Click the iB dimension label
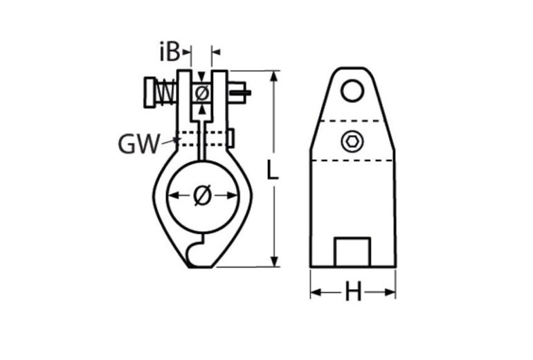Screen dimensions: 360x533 pyautogui.click(x=170, y=51)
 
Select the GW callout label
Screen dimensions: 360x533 pyautogui.click(x=137, y=144)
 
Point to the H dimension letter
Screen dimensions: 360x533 pyautogui.click(x=353, y=293)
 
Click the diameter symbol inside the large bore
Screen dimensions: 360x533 pyautogui.click(x=202, y=197)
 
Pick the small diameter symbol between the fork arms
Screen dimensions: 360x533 pyautogui.click(x=201, y=93)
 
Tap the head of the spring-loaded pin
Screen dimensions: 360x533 pyautogui.click(x=151, y=93)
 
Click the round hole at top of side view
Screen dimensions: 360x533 pyautogui.click(x=352, y=90)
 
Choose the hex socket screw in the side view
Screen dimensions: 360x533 pyautogui.click(x=352, y=142)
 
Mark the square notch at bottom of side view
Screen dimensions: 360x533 pyautogui.click(x=352, y=252)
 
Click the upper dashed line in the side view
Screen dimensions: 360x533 pyautogui.click(x=352, y=121)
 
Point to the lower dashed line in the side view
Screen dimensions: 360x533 pyautogui.click(x=352, y=161)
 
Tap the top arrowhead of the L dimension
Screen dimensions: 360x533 pyautogui.click(x=276, y=75)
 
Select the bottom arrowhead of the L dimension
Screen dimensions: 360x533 pyautogui.click(x=276, y=261)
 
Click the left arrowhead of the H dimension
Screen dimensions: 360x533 pyautogui.click(x=315, y=293)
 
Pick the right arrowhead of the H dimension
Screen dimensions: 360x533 pyautogui.click(x=391, y=293)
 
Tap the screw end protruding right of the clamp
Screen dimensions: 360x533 pyautogui.click(x=231, y=138)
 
